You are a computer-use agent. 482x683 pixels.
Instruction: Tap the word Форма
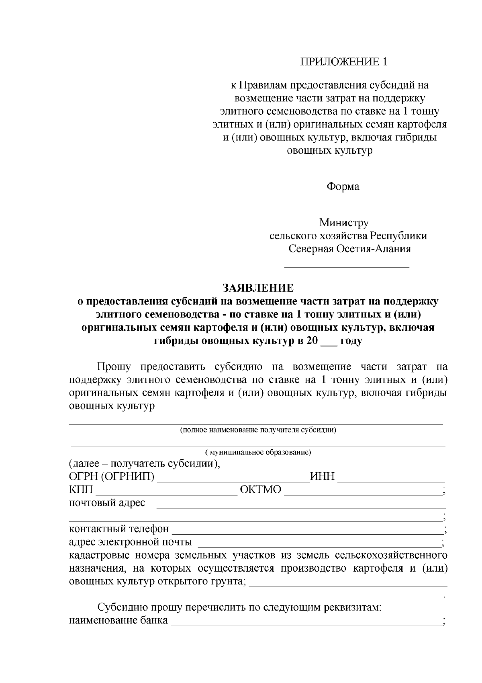343,187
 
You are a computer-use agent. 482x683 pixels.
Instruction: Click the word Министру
344,222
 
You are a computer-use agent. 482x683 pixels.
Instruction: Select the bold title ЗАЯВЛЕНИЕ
258,288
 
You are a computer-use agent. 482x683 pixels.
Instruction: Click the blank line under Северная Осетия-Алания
347,266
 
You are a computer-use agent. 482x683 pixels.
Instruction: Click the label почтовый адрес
107,503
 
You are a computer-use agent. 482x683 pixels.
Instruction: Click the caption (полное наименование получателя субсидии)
258,430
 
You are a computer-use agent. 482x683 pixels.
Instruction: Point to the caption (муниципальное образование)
258,452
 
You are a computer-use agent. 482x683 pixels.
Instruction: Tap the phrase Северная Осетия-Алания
350,249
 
